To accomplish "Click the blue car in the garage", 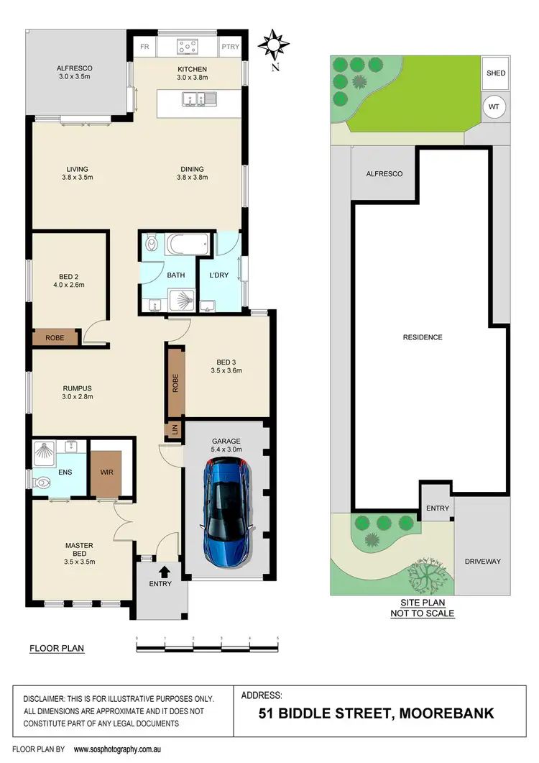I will click(x=226, y=512).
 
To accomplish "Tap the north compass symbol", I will click(x=272, y=45).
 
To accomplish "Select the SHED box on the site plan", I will click(x=496, y=73).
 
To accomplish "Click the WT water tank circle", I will click(x=494, y=107).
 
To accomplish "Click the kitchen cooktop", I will click(x=188, y=47).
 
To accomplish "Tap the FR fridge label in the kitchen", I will click(x=144, y=47).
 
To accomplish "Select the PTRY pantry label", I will click(x=231, y=47).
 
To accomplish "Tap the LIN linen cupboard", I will click(x=172, y=430).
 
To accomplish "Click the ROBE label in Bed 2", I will click(x=55, y=338).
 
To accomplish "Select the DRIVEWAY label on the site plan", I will click(x=482, y=562).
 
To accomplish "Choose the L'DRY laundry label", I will click(x=218, y=275).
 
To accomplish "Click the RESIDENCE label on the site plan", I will click(x=423, y=337).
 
